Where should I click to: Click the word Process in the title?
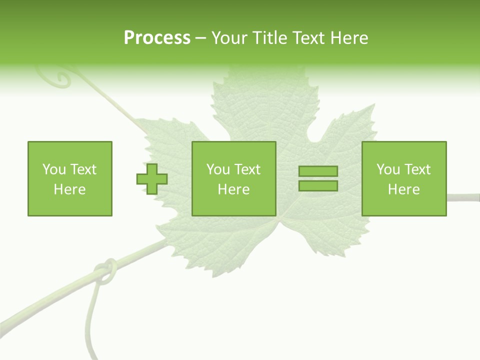[x=157, y=38]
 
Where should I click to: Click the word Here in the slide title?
[x=349, y=38]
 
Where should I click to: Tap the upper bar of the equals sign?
[x=318, y=171]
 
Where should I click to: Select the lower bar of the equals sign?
[x=318, y=185]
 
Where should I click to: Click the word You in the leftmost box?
[x=54, y=169]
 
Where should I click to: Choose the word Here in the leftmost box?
[x=69, y=189]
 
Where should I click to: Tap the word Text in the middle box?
[x=247, y=169]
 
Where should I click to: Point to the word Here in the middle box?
[x=233, y=189]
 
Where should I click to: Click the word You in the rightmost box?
[x=388, y=169]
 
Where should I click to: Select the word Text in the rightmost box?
[x=417, y=169]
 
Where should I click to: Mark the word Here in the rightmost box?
[x=403, y=189]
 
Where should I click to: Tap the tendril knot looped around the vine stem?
[x=106, y=271]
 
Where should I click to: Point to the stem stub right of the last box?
[x=463, y=196]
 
